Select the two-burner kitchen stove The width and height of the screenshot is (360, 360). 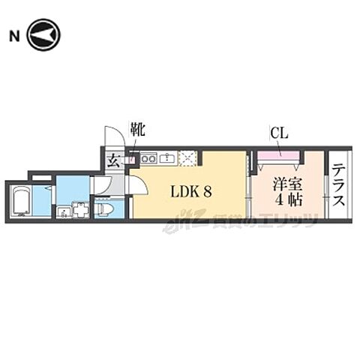[148, 158]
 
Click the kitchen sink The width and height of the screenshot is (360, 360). [166, 158]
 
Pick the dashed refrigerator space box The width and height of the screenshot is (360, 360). [187, 158]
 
